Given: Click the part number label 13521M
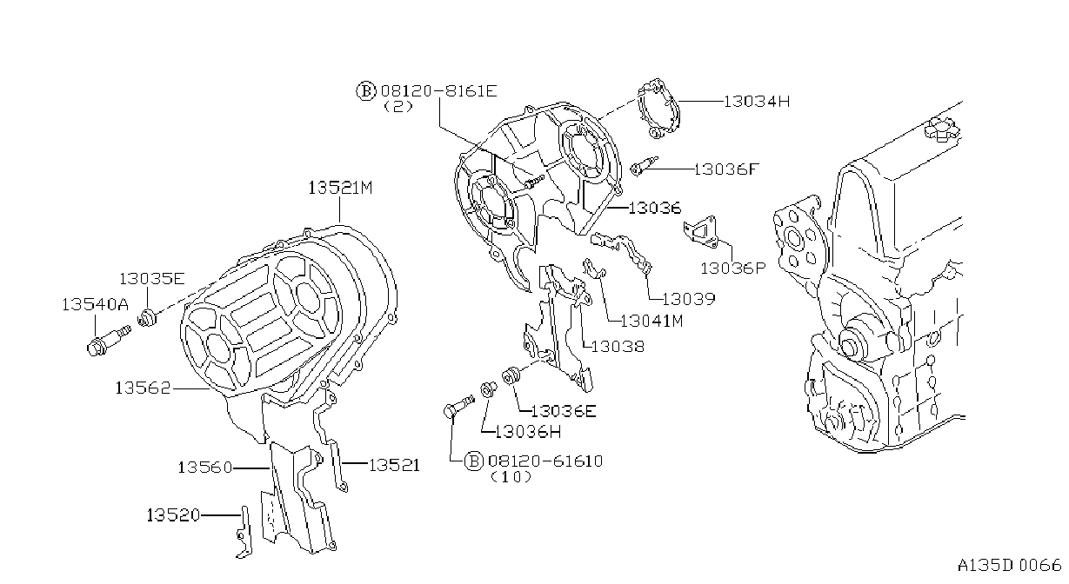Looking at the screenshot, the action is [340, 188].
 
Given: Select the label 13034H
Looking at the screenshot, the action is [757, 102].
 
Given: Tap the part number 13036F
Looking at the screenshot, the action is [725, 169].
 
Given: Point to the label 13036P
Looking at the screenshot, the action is [732, 269].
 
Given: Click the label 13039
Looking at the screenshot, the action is [689, 299].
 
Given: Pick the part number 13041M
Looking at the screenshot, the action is [651, 321].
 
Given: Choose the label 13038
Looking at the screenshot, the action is [618, 347].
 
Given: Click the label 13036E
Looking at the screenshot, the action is [564, 411].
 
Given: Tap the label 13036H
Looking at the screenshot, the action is [527, 432].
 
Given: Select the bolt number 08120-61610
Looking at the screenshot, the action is [545, 461].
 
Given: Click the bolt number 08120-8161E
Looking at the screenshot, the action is [438, 90].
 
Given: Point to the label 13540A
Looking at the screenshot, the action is [95, 305].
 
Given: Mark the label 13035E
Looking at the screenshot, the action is [151, 279].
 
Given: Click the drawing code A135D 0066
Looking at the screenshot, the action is [1009, 566].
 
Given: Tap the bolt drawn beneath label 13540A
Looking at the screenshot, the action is [109, 340].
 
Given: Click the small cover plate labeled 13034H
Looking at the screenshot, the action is [658, 109].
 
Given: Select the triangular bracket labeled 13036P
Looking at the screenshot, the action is [700, 232].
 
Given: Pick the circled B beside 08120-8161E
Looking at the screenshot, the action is [366, 90].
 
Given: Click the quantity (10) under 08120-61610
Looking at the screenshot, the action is [511, 477].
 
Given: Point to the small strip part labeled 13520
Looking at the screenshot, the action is [244, 533].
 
